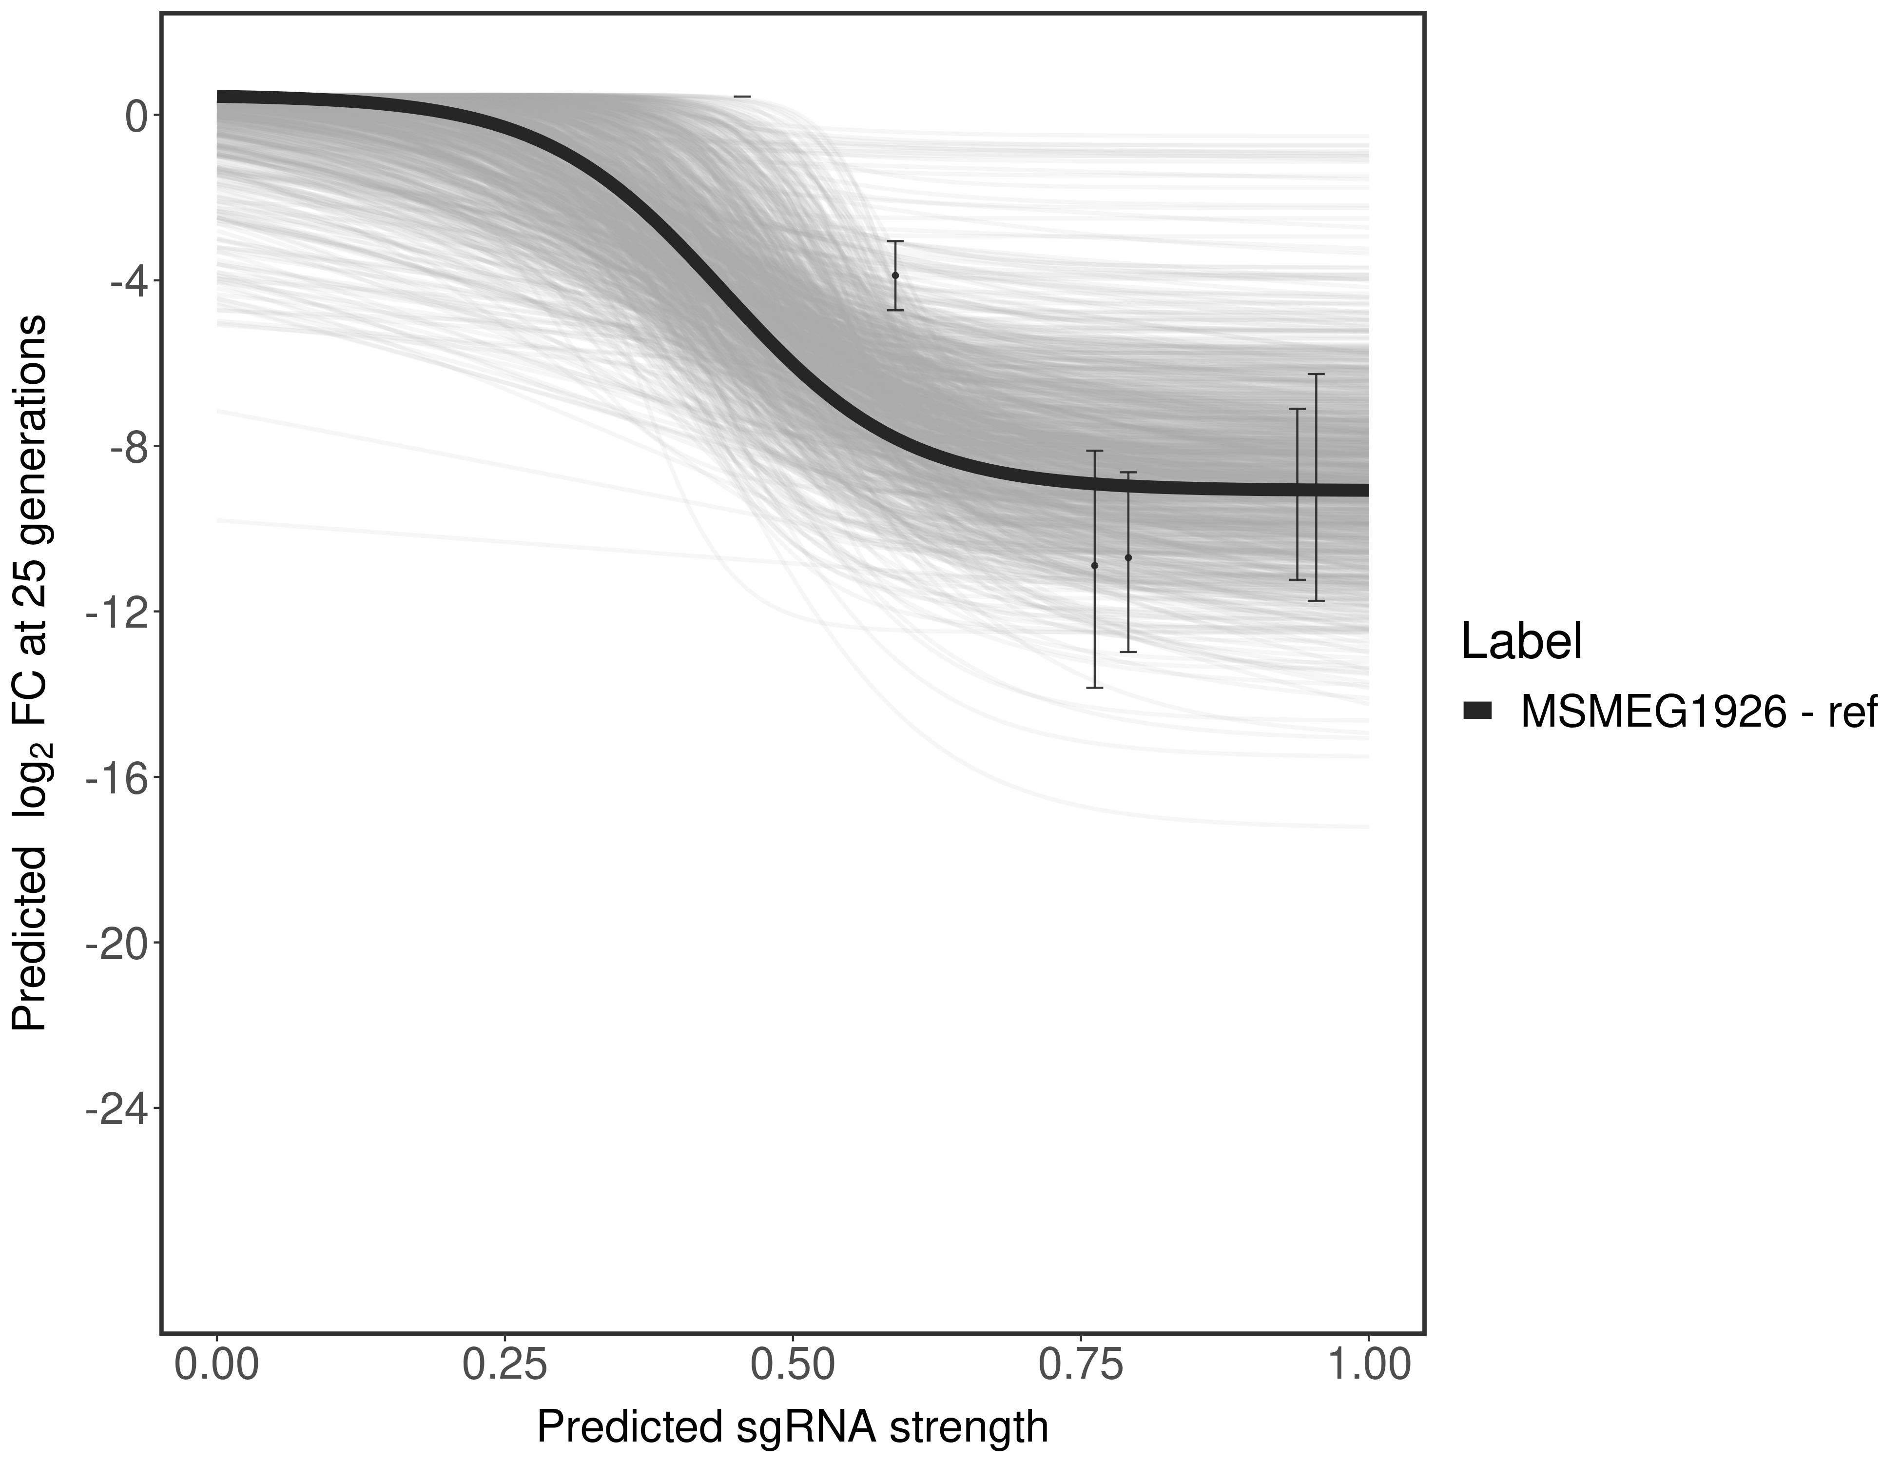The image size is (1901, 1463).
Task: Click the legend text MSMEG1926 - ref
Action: [1698, 712]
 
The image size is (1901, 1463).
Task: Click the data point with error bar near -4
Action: [895, 275]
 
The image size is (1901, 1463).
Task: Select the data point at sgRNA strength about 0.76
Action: [1094, 566]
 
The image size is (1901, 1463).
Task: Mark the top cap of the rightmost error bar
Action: [1315, 375]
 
